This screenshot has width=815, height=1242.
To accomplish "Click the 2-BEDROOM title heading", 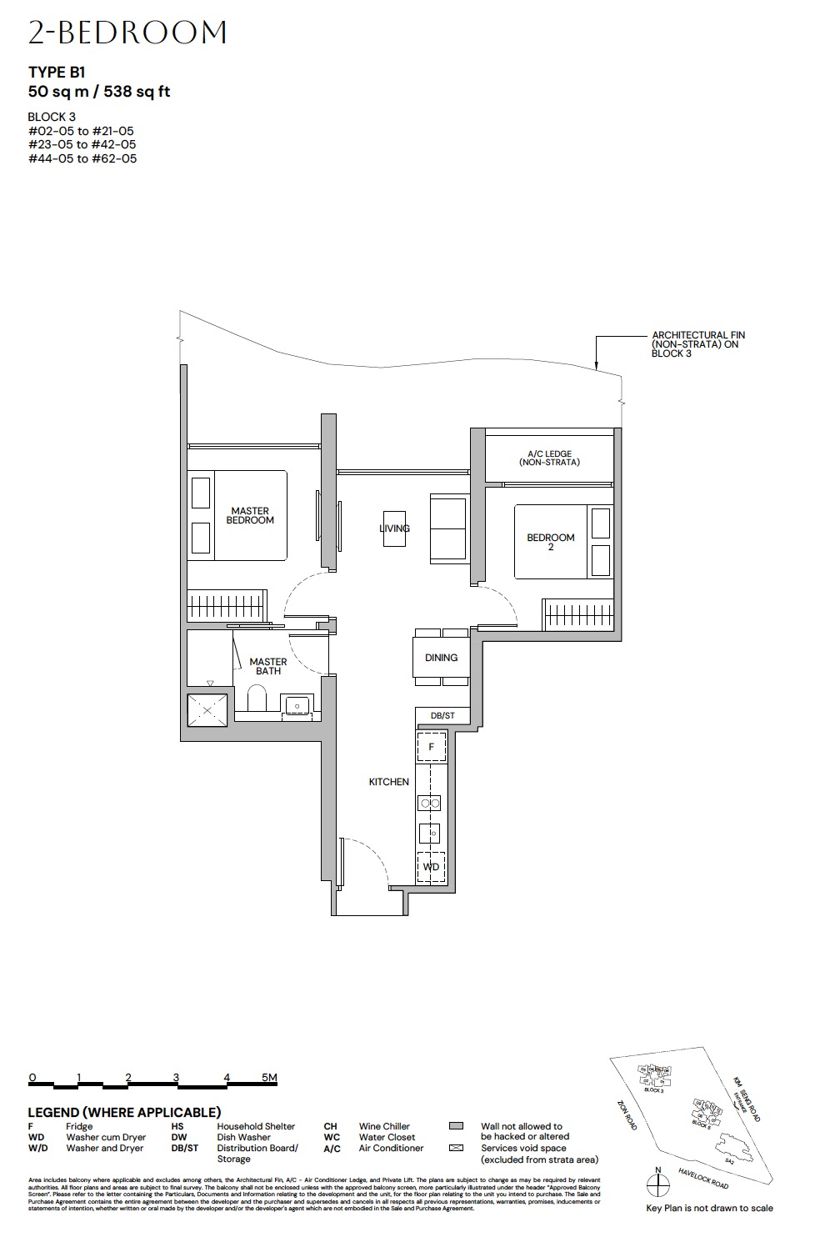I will coord(127,33).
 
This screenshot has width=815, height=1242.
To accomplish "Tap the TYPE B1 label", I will coord(57,73).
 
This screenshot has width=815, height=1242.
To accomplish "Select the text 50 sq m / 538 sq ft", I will coord(99,92).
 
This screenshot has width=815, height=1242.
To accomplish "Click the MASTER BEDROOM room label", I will coord(250,515).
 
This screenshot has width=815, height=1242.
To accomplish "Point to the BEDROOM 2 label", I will coord(551,541).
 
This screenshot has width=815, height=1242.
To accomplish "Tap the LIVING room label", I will coord(394,528).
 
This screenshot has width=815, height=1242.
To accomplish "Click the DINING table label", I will coord(441,658).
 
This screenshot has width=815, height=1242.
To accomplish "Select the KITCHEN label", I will coord(389,782).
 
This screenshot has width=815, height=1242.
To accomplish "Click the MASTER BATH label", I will coord(268,666).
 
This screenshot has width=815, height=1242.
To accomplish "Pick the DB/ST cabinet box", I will coord(442,716).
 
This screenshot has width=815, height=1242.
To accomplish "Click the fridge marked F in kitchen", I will coord(431,747).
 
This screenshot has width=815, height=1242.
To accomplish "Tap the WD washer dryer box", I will coord(431,867).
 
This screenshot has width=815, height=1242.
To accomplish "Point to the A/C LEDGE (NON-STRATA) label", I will coord(548,458).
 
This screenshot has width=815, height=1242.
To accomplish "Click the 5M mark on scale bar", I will coord(268,1078).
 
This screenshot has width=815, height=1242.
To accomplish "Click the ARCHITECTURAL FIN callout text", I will coord(697,344).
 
